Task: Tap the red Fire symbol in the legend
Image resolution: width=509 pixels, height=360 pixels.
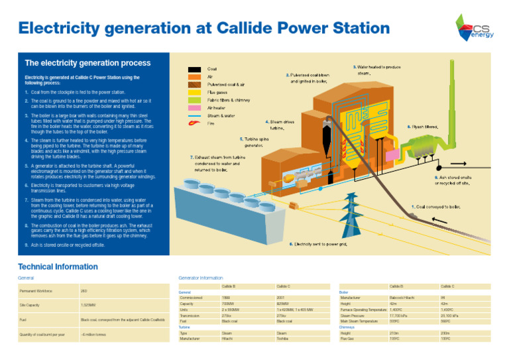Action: [x=194, y=122]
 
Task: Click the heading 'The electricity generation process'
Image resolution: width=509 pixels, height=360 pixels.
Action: [x=87, y=64]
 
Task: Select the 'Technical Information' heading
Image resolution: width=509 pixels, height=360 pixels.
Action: [x=58, y=267]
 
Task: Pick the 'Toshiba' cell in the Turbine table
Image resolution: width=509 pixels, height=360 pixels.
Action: [x=284, y=338]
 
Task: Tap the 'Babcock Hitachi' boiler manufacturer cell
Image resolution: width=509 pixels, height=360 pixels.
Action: [x=403, y=298]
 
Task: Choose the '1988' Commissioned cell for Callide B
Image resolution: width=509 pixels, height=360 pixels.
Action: [x=226, y=298]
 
